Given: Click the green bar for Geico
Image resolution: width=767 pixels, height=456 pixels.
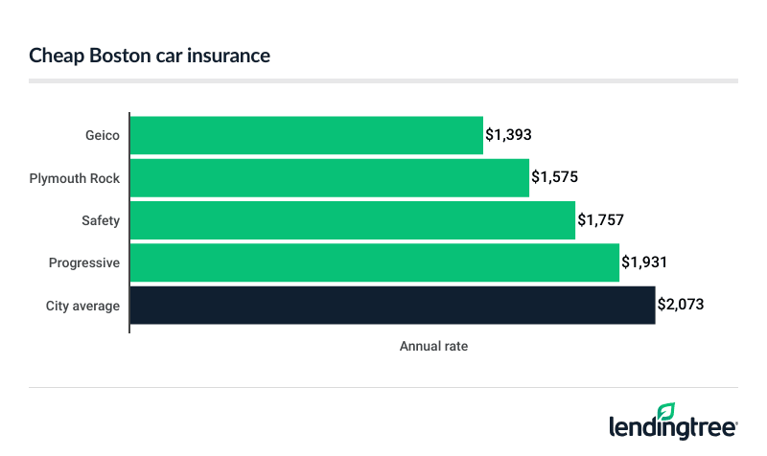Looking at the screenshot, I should coord(306,136).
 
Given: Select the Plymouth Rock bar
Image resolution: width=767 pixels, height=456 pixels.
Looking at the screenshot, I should coord(329,178).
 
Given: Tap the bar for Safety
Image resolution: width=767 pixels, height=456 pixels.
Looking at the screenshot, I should coord(352,220).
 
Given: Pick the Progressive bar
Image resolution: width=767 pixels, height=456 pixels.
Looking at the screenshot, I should coord(374,262).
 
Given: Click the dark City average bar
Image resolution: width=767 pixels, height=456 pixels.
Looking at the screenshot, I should coord(392,305).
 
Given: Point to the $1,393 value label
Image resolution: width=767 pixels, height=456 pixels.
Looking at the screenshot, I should coord(508,136).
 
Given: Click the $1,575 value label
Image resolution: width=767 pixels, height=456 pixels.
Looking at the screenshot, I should coord(554,178).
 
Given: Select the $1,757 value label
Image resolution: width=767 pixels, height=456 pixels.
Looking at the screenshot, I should coord(600,220).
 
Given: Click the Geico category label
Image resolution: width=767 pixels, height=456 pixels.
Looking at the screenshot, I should coord(102,136).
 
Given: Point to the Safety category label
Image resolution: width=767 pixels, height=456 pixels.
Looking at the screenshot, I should coord(101,220).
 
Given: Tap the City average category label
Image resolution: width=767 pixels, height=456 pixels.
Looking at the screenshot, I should coord(82,306).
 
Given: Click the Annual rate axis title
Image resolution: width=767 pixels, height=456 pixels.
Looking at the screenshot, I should coord(433,346).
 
